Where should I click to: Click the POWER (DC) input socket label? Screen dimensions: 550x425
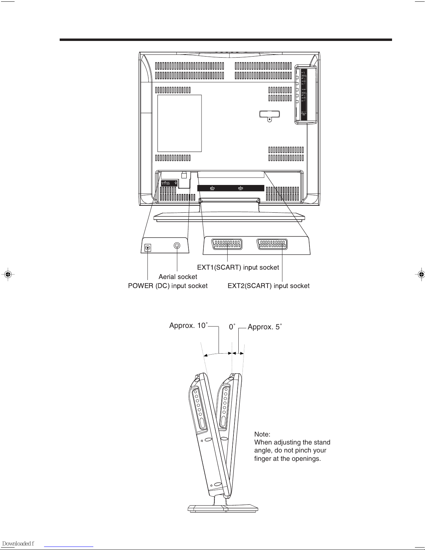pos(168,286)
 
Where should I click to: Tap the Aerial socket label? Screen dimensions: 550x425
pos(178,277)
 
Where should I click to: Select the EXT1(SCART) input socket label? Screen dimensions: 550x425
pos(238,268)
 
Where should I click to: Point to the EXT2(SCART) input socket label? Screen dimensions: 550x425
pos(269,286)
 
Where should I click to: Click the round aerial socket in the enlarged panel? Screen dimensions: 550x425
pos(177,246)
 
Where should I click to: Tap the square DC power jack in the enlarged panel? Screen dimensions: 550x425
pos(148,248)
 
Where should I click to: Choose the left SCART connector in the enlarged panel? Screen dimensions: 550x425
pos(227,244)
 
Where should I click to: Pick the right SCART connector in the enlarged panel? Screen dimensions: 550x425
pos(272,244)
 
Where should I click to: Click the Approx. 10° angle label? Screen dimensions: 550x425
pos(188,325)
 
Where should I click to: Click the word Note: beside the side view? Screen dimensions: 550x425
pos(262,434)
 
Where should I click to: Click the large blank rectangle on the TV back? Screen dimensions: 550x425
pos(179,123)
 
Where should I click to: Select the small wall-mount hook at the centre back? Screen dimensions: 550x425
pos(270,116)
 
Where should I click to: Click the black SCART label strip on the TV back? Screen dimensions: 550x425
pos(231,188)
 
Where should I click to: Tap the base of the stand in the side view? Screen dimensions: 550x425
pos(223,508)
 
